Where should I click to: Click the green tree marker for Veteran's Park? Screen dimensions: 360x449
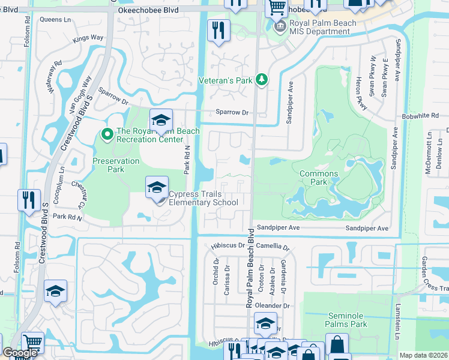tap(261, 79)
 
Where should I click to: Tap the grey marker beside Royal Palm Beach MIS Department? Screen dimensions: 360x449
tap(279, 27)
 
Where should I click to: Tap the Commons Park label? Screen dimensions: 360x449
tap(319, 178)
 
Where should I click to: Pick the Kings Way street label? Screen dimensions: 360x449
tap(88, 38)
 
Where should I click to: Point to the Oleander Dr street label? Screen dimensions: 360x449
tap(273, 305)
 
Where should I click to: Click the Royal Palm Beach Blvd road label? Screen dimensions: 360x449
tap(249, 268)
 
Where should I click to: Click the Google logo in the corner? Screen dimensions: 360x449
tap(19, 353)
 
